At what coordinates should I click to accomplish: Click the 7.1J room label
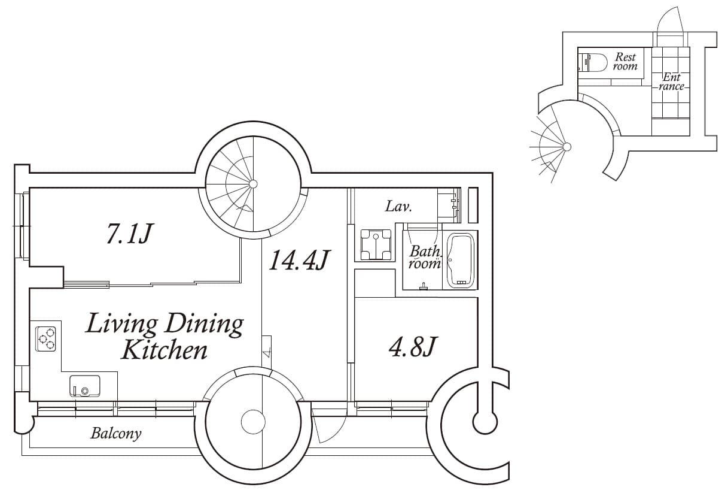pos(129,233)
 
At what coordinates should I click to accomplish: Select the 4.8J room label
pos(413,347)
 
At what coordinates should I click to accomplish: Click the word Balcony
pos(116,433)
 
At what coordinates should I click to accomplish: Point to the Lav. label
pos(399,206)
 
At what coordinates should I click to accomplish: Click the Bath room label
pos(425,258)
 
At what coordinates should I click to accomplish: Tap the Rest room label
pos(625,62)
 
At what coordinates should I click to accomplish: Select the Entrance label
pos(671,81)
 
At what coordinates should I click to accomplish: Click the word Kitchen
pos(164,350)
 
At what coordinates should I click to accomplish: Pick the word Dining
pos(205,325)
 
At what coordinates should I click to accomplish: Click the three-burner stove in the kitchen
pos(45,339)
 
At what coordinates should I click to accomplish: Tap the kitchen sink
pos(84,386)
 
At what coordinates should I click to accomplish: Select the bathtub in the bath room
pos(460,260)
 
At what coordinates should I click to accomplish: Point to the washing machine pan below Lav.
pos(376,245)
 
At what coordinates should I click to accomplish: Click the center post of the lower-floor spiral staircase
pos(253,184)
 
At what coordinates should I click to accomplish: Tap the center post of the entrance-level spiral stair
pos(567,147)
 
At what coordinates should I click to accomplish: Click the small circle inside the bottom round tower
pos(253,422)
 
